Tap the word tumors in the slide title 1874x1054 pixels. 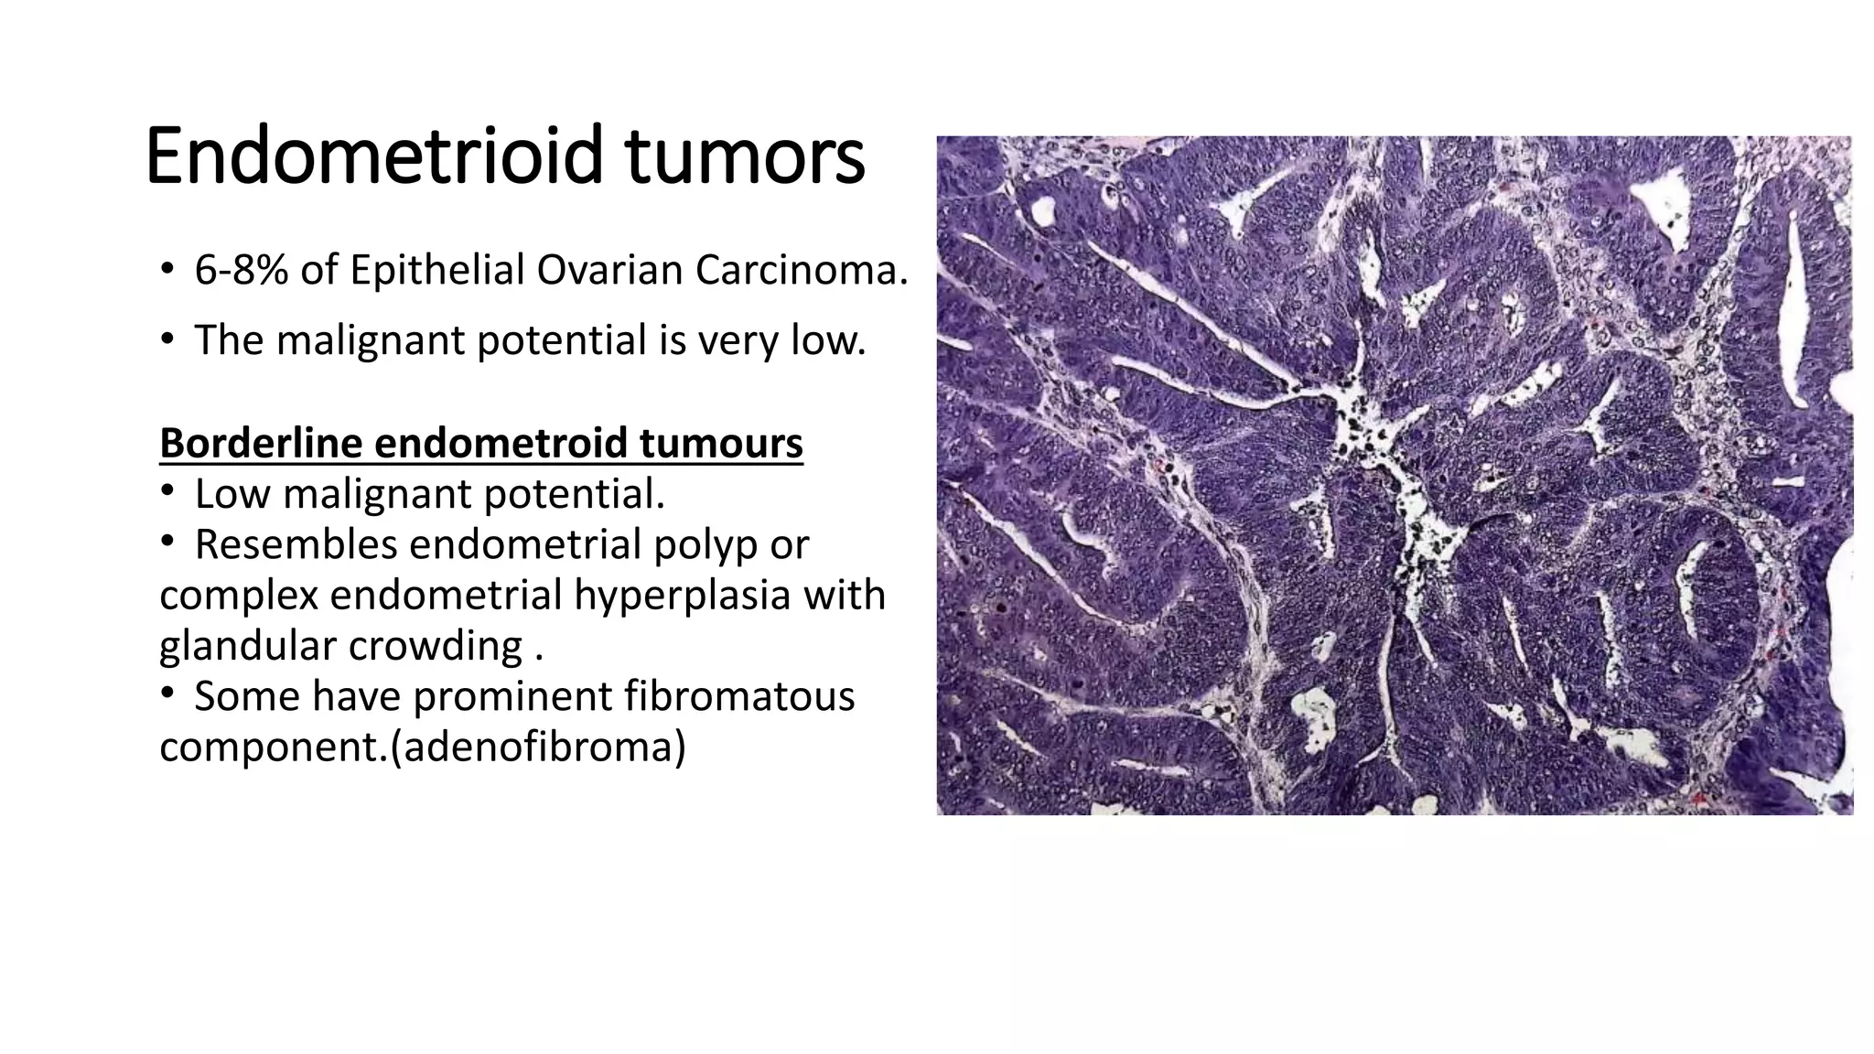[x=745, y=156]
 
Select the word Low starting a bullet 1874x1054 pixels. [x=232, y=494]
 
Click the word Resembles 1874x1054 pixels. [x=296, y=544]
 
